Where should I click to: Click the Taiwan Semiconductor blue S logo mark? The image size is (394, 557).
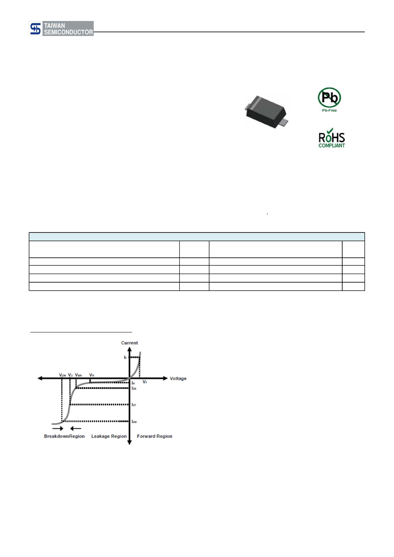(x=35, y=29)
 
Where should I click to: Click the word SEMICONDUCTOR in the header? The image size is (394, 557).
(x=68, y=32)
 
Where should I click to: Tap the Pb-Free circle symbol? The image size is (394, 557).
(x=329, y=98)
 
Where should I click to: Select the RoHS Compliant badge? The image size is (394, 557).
(x=331, y=138)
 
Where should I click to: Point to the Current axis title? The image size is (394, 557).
(x=130, y=343)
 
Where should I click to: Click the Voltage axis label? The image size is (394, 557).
(x=178, y=378)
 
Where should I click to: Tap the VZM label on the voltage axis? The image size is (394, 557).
(x=62, y=375)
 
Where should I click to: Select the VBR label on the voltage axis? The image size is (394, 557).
(x=79, y=375)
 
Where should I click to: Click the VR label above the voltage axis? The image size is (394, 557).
(x=91, y=375)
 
